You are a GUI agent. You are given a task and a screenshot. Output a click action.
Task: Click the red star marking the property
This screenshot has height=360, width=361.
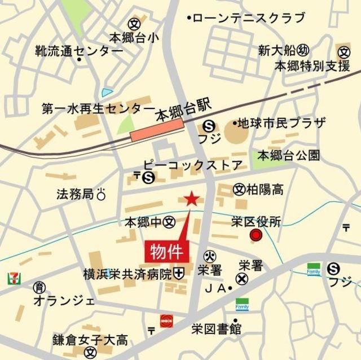click(x=192, y=198)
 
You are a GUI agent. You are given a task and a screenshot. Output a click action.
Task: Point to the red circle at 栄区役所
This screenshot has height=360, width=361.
click(x=256, y=235)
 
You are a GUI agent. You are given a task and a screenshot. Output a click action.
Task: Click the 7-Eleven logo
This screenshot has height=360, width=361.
click(x=13, y=278)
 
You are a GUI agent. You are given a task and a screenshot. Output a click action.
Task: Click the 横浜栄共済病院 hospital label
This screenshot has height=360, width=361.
click(x=127, y=274)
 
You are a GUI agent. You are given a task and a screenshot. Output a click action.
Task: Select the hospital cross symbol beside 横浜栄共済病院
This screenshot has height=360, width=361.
click(x=179, y=274)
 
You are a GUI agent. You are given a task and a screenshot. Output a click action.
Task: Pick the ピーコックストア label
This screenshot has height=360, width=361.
click(x=192, y=166)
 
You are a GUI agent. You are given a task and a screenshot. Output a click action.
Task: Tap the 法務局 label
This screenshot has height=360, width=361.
click(x=75, y=194)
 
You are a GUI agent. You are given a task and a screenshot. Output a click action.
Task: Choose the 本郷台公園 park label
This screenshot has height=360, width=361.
click(x=289, y=155)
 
